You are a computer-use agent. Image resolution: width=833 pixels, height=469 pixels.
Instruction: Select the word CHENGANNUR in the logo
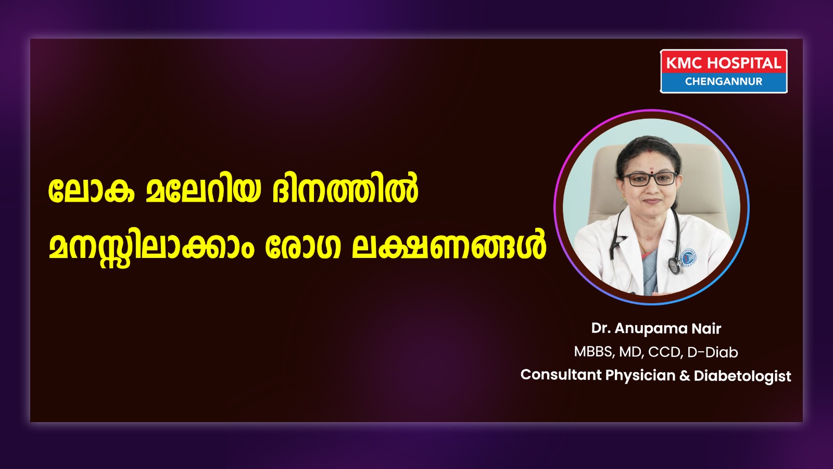pos(724,81)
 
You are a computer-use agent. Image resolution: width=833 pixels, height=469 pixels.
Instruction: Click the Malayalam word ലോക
pos(91,192)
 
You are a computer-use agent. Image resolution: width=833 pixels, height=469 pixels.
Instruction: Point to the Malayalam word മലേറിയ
pos(203,192)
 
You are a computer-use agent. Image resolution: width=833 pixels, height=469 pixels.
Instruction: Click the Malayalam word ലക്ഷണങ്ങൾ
pos(449,245)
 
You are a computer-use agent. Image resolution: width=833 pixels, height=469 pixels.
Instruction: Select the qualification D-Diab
pos(713,352)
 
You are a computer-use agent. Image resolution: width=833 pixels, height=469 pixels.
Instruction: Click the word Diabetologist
pos(742,376)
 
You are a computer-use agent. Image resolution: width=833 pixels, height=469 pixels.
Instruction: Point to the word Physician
pos(640,376)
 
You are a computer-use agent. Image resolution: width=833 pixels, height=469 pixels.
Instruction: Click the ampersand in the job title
pos(684,375)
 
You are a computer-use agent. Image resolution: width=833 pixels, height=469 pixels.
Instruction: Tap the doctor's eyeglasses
pos(649,179)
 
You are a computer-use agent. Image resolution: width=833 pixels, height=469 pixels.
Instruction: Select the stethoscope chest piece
pos(674,265)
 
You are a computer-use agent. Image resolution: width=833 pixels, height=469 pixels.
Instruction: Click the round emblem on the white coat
pos(688,257)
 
